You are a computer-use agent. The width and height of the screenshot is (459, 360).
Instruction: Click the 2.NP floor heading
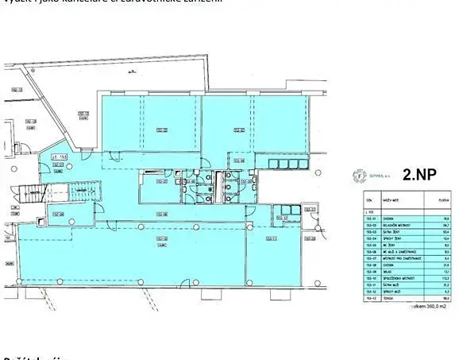(x=419, y=175)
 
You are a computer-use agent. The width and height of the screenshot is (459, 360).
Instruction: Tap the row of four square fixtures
(x=285, y=163)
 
